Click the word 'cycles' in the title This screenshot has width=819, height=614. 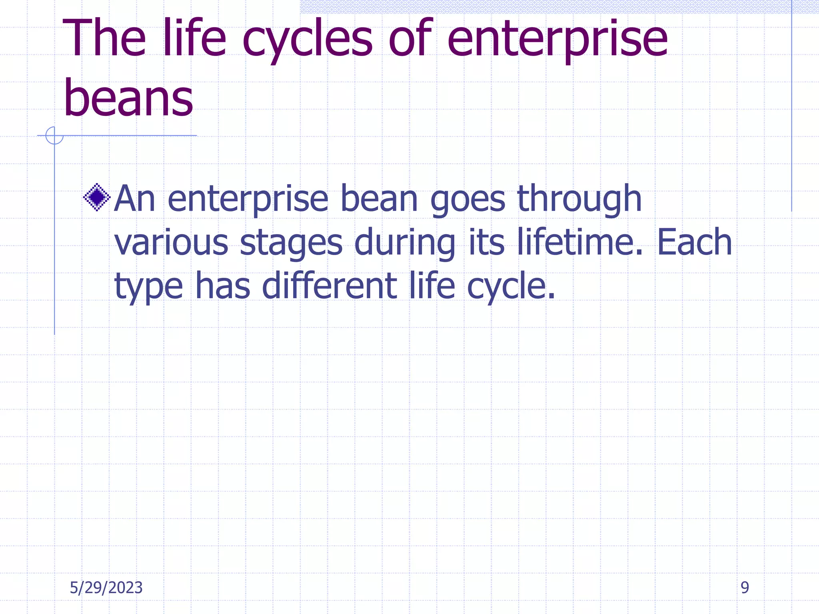307,40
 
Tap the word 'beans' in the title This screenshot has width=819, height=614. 128,98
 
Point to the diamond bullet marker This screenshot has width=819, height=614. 97,197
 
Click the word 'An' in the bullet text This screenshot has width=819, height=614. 134,199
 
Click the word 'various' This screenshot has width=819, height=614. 171,243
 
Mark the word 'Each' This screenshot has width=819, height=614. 694,242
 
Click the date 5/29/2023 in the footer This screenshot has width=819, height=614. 106,588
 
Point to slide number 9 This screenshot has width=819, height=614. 745,588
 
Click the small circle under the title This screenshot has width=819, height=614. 54,136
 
